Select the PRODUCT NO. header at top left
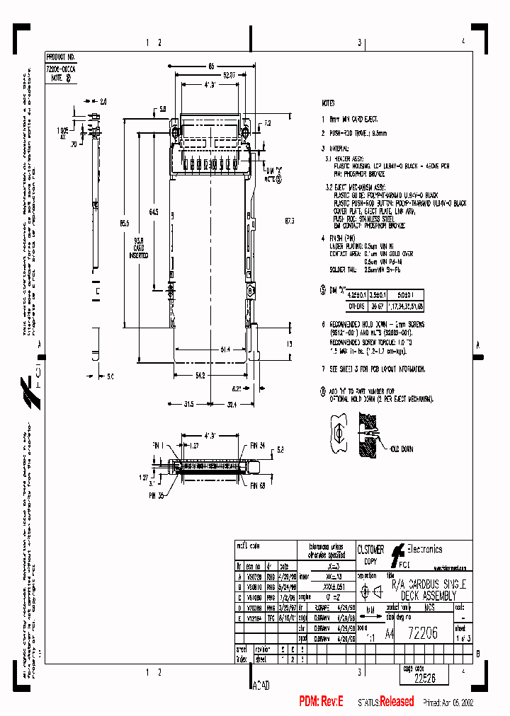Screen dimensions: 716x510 pyautogui.click(x=60, y=55)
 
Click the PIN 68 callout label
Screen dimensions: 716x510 pyautogui.click(x=256, y=486)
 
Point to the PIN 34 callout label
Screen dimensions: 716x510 pyautogui.click(x=256, y=446)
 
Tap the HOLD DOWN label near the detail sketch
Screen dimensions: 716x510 pyautogui.click(x=399, y=449)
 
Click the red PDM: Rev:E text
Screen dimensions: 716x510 pyautogui.click(x=321, y=702)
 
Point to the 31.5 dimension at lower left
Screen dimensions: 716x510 pyautogui.click(x=169, y=405)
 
